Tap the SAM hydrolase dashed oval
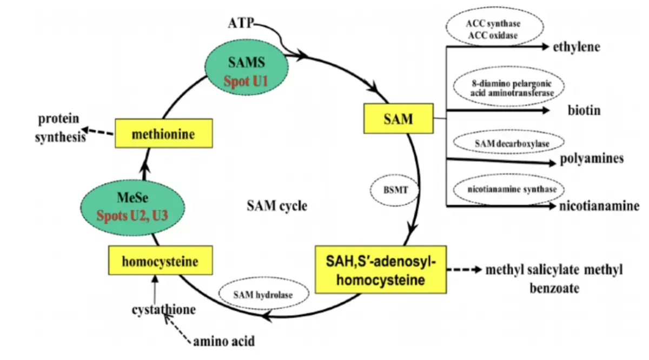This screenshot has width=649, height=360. [263, 295]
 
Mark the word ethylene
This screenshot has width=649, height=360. [577, 47]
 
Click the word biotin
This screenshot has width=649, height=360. [584, 111]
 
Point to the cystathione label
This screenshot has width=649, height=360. [163, 310]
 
